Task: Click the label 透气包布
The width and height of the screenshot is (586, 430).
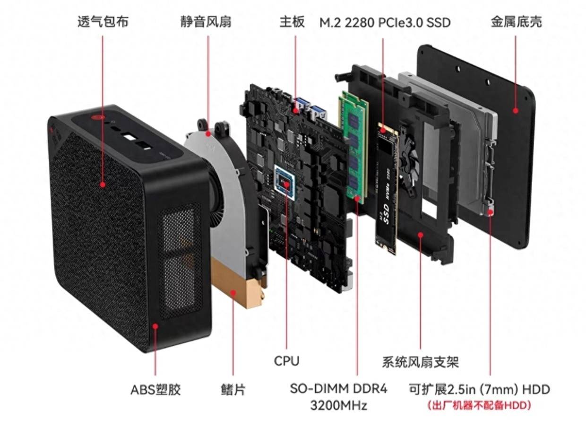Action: point(103,22)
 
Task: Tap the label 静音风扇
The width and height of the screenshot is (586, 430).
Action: point(206,22)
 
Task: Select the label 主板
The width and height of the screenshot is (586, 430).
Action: point(292,22)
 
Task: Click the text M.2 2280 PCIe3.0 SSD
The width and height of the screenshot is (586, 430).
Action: point(385,22)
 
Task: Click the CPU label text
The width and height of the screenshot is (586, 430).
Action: point(286,361)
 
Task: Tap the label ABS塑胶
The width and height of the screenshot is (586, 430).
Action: point(155,390)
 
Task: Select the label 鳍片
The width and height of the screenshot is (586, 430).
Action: point(233,390)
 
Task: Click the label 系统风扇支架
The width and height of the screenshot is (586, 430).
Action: point(420,362)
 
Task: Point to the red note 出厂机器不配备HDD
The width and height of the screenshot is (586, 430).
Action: point(479,405)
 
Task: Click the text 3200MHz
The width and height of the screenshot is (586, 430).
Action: point(338,405)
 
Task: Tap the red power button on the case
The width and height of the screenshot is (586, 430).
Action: point(98,116)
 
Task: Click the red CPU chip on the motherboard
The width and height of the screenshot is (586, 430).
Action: point(285,181)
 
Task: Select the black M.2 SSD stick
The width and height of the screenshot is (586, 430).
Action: point(386,189)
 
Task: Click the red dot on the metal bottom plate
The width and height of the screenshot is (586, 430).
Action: point(515,111)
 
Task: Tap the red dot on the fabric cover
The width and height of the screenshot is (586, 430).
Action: point(103,184)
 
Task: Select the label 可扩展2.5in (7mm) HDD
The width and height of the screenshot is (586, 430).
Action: point(479,390)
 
